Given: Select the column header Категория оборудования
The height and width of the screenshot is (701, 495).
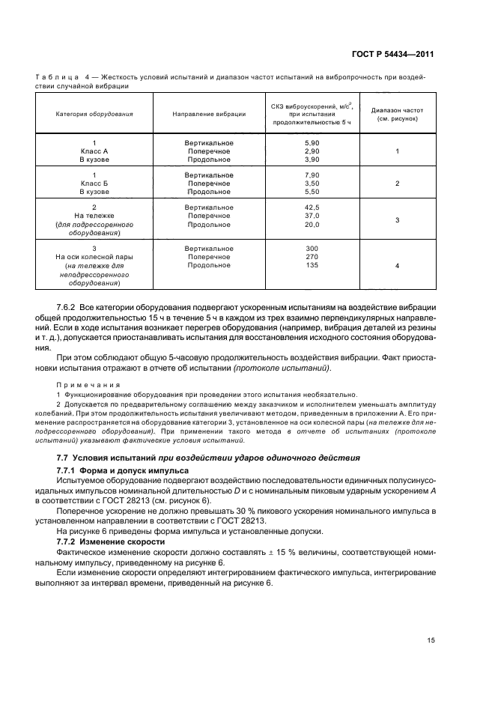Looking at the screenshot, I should [x=94, y=115].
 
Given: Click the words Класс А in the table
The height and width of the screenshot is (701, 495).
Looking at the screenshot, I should [x=94, y=151].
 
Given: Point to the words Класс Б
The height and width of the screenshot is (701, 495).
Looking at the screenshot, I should [x=94, y=183].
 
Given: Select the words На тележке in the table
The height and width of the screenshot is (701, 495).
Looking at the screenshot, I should [x=94, y=216].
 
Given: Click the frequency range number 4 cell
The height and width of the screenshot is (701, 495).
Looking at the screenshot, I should [x=397, y=265].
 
